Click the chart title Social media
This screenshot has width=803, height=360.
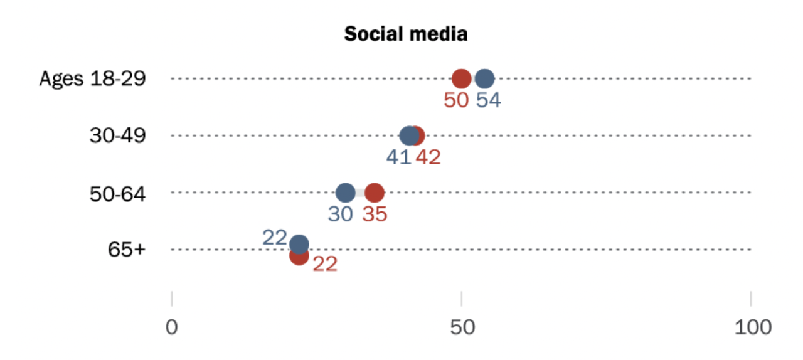coord(406,34)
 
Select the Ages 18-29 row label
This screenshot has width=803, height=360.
coord(92,79)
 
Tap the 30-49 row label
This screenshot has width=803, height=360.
coord(117,135)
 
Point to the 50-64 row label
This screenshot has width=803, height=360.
coord(117,193)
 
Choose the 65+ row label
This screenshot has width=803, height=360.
coord(126,250)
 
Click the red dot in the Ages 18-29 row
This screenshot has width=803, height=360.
coord(462,79)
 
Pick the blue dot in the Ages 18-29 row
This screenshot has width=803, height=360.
coord(484,79)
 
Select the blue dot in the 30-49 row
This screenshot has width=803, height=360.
coord(408,135)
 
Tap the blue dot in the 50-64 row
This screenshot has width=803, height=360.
coord(345,193)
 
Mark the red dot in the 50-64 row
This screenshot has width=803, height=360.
coord(375,193)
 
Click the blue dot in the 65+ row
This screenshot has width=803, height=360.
coord(300,244)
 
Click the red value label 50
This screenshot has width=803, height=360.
coord(456,100)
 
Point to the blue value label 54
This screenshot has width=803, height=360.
coord(488,100)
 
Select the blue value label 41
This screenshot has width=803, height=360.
coord(398,157)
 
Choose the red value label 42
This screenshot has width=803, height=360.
coord(428,157)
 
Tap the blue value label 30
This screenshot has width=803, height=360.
coord(340,214)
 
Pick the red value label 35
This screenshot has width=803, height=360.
coord(375,214)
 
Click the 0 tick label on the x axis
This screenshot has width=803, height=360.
coord(171,328)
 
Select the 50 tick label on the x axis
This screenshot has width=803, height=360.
coord(462,328)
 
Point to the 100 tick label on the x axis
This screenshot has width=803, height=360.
coord(751,328)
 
